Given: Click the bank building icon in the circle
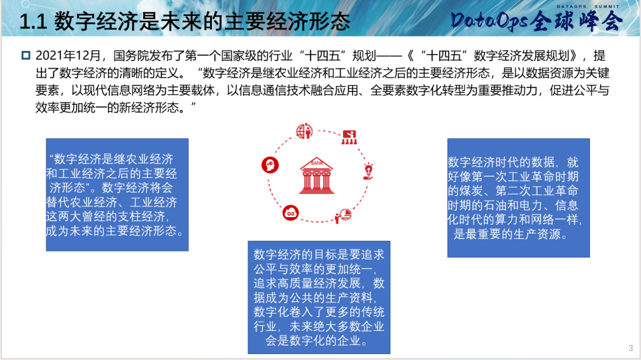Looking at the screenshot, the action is [316, 176].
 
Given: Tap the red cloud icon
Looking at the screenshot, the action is [291, 213].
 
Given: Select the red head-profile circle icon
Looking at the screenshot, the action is [270, 165].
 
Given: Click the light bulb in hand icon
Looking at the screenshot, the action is [369, 171].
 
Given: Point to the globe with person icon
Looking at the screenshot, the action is [304, 131].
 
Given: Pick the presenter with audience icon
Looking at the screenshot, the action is [350, 138].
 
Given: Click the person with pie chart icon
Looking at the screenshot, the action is [344, 216].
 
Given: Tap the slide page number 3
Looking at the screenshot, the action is [631, 348].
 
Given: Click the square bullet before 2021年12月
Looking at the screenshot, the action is [26, 55].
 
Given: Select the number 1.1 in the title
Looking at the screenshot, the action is [33, 22].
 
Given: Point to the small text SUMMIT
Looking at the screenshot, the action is [607, 7].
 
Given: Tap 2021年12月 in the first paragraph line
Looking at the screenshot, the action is [68, 56].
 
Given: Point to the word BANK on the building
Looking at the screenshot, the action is [317, 163].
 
